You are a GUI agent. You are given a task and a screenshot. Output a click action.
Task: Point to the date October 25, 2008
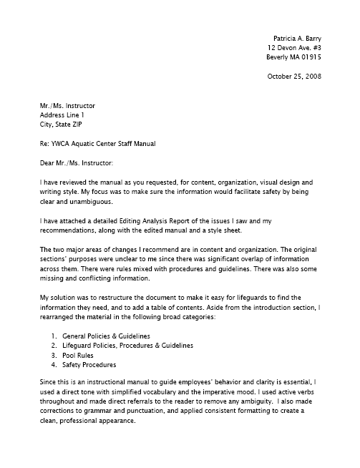(293, 75)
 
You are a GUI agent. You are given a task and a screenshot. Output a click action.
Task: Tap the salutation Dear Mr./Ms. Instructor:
(80, 163)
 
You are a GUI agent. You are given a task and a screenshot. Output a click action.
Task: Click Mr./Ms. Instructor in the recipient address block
(68, 104)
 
